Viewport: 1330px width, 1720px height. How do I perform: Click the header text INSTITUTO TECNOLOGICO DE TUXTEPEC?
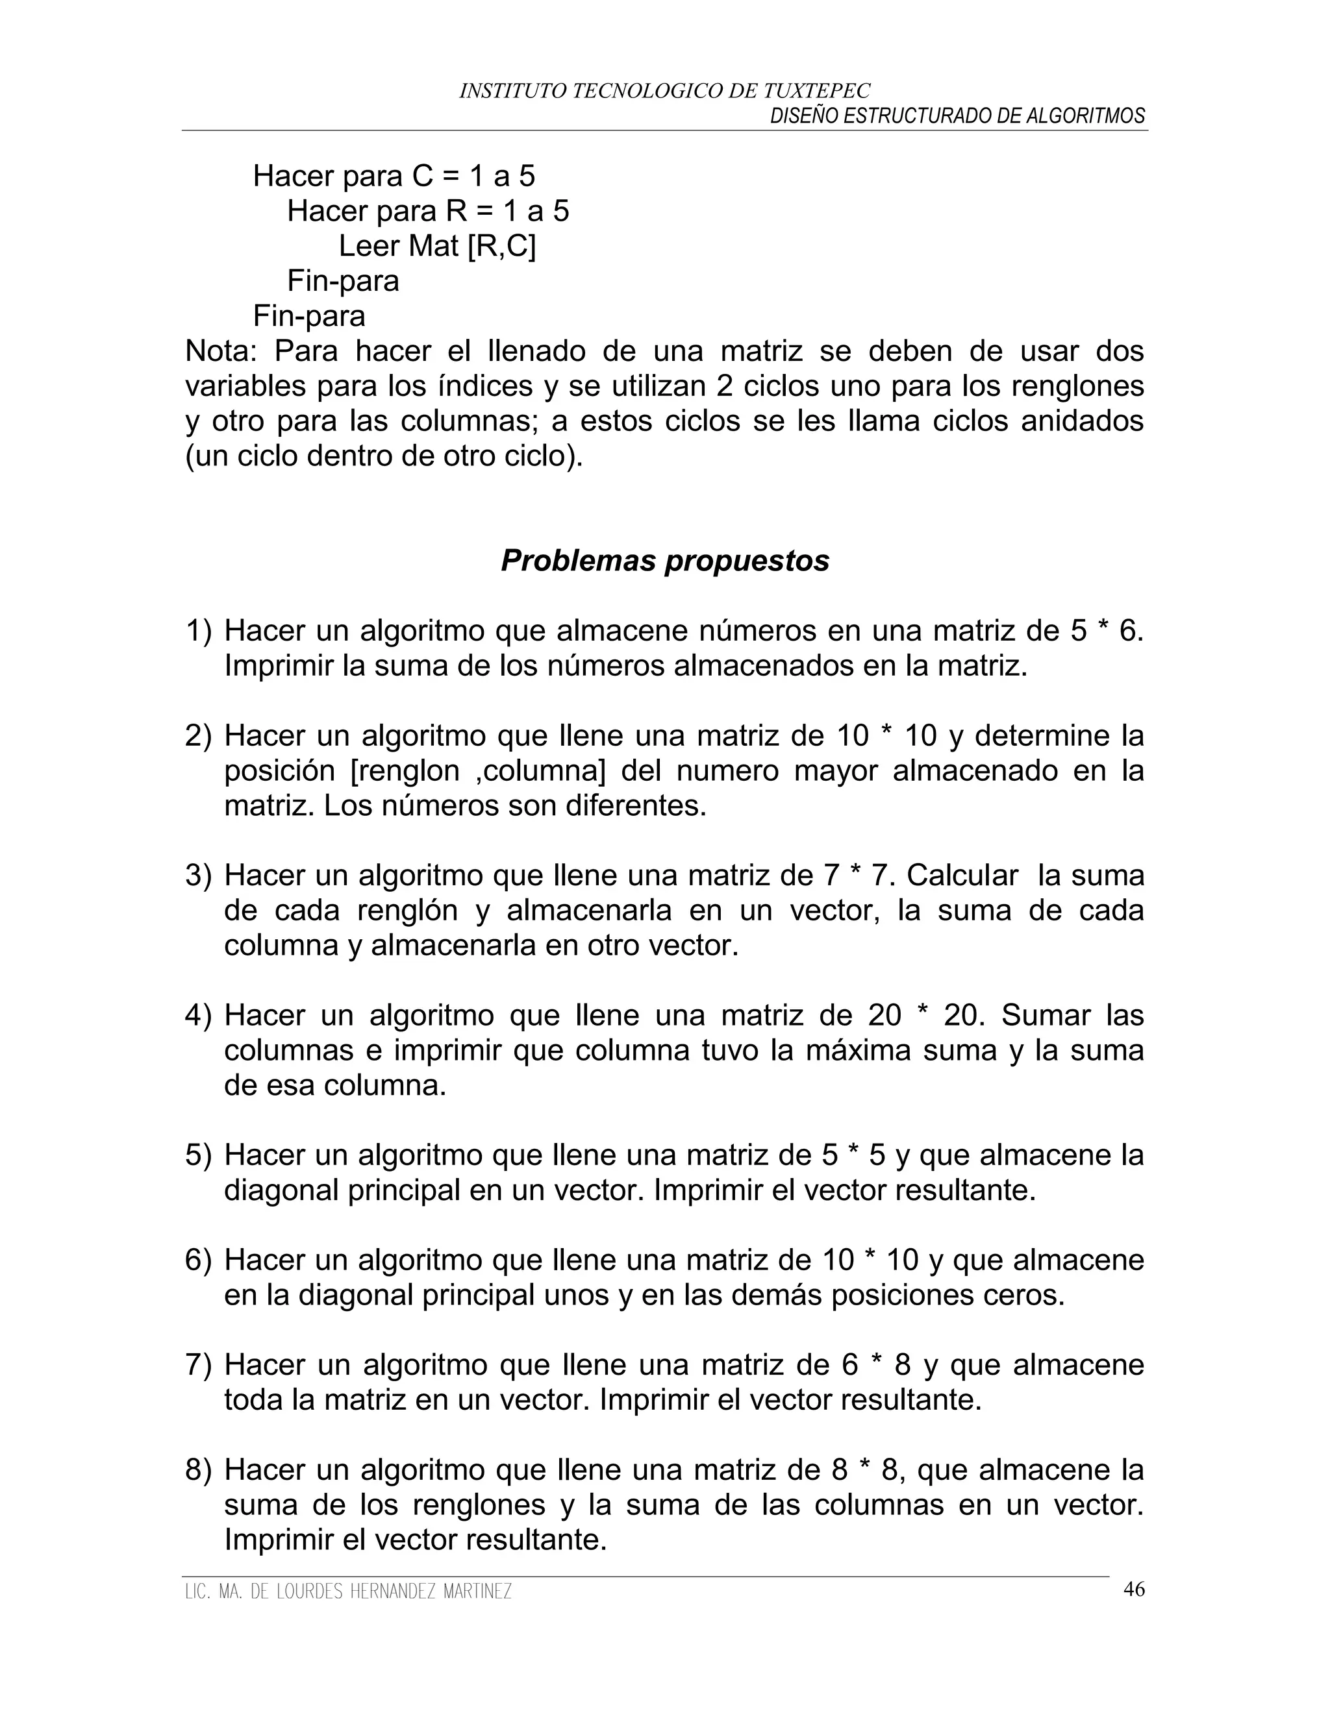tap(664, 92)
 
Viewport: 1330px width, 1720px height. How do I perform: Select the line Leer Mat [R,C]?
tap(436, 247)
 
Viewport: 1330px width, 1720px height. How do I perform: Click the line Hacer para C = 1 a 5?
tap(393, 177)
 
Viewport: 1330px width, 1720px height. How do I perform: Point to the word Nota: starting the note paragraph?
tap(220, 351)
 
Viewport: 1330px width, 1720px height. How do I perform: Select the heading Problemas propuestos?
tap(664, 561)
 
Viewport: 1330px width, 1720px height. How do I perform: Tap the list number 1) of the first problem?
tap(199, 631)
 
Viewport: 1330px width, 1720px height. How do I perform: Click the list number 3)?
tap(199, 875)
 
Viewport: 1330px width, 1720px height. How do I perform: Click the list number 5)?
tap(199, 1155)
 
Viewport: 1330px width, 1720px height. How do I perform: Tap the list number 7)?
tap(199, 1365)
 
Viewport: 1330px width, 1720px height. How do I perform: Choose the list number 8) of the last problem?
tap(199, 1470)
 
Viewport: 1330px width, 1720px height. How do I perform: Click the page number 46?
tap(1133, 1590)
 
